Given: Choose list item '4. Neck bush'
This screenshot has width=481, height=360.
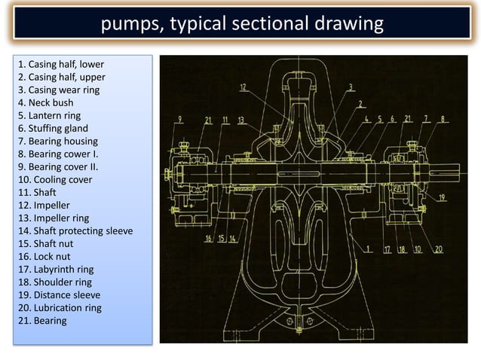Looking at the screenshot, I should click(45, 102).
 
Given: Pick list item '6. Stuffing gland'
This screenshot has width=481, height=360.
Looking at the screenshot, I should click(53, 128).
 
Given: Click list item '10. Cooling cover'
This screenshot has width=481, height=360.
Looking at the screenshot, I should click(57, 179).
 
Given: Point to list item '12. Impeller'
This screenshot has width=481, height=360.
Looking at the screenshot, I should click(47, 205).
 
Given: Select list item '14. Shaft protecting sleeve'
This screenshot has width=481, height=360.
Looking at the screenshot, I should click(75, 230).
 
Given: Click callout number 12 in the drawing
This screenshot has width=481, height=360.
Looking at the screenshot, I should click(243, 87).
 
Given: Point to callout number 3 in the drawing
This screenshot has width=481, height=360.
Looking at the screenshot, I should click(351, 87).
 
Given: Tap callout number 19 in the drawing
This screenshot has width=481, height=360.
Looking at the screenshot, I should click(442, 199).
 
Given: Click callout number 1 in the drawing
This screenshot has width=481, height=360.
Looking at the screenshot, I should click(367, 247).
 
